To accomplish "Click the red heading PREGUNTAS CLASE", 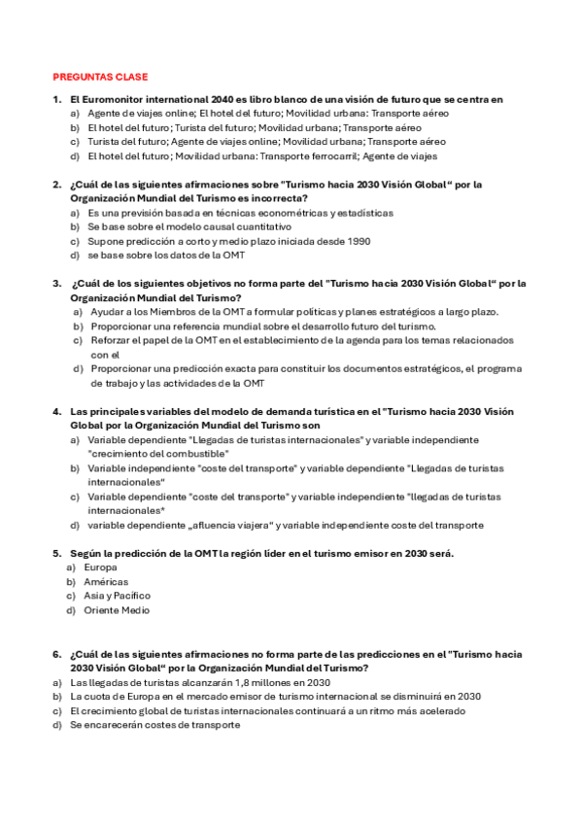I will click(99, 77).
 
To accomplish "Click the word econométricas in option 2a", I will click(293, 212).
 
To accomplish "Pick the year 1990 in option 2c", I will click(355, 240).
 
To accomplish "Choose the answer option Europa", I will click(100, 566).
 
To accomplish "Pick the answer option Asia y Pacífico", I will click(117, 596).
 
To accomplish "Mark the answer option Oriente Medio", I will click(117, 610).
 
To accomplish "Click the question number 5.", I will click(56, 553).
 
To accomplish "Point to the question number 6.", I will click(56, 654).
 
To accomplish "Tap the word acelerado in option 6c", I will click(438, 710).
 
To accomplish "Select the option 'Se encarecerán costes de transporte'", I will click(154, 725).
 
